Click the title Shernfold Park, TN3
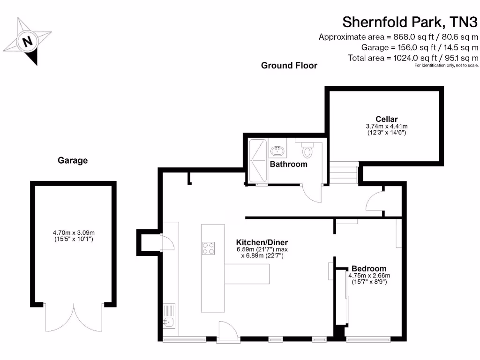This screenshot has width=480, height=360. point(410,22)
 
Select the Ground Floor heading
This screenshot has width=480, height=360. point(289,66)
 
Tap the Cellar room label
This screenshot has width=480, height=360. point(386,119)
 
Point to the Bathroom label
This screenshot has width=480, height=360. point(288,164)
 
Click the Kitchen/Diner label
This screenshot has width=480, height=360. point(259,242)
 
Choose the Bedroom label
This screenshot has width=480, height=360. point(368,269)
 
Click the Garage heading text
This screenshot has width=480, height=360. point(73,160)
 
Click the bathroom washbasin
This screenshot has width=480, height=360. point(277,150)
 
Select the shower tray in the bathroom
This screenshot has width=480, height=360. point(257,160)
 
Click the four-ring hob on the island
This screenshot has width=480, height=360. point(208,247)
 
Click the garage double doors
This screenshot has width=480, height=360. point(74,318)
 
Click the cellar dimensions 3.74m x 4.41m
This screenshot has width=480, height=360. point(386,129)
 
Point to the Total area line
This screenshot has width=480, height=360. point(412,58)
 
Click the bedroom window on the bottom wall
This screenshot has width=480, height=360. point(368,338)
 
